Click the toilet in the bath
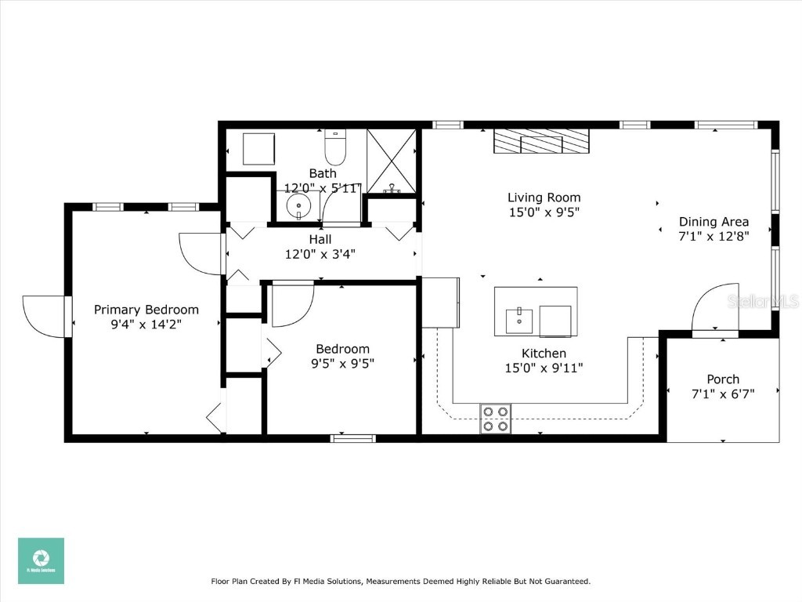[335, 143]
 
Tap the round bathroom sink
[298, 208]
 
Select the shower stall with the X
[392, 161]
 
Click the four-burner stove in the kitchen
[495, 419]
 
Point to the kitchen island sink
[518, 321]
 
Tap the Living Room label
[544, 198]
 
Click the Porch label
[722, 379]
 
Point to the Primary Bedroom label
[146, 310]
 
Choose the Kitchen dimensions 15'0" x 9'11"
[544, 367]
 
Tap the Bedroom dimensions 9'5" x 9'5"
[342, 363]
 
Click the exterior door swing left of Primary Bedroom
[45, 316]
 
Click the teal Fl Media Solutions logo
[41, 560]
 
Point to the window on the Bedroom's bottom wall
[352, 438]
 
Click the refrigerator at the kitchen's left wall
[440, 302]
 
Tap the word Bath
[323, 173]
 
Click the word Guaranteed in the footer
[562, 582]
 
